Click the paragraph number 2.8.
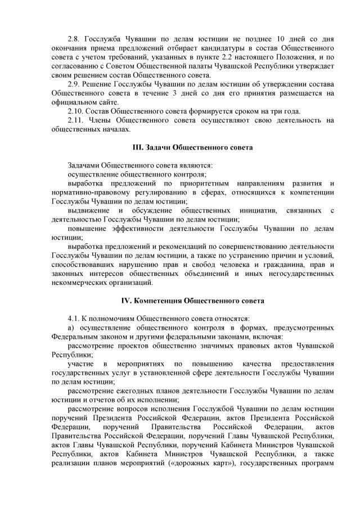tap(74, 39)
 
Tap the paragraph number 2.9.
tap(74, 84)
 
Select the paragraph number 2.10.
tap(75, 111)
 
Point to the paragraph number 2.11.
tap(75, 120)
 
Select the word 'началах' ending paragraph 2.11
tap(115, 129)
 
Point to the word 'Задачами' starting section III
tap(83, 166)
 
